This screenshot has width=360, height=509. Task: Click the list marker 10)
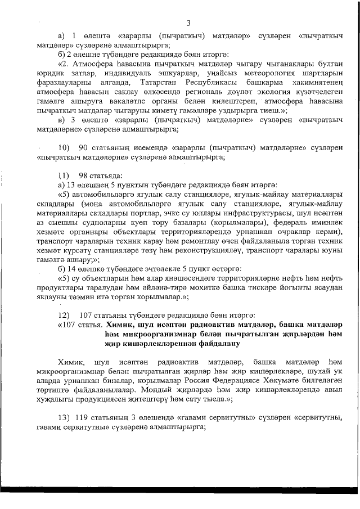tap(63, 148)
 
